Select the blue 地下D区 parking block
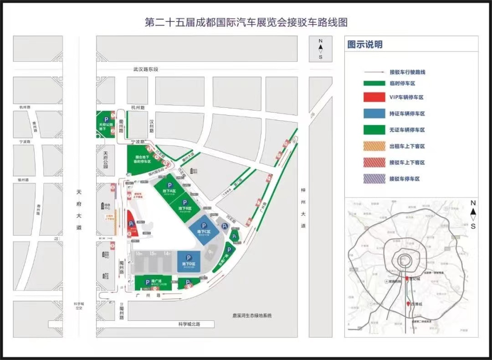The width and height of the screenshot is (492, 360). (189, 262)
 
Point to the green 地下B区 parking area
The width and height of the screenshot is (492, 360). (185, 208)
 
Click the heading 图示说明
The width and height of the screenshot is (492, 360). (365, 45)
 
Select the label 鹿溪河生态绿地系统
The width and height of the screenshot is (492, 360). (251, 315)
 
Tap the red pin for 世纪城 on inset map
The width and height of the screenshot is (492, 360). (407, 279)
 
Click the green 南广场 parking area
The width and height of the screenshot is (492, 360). (154, 283)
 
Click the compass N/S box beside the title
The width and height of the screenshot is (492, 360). (320, 49)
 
